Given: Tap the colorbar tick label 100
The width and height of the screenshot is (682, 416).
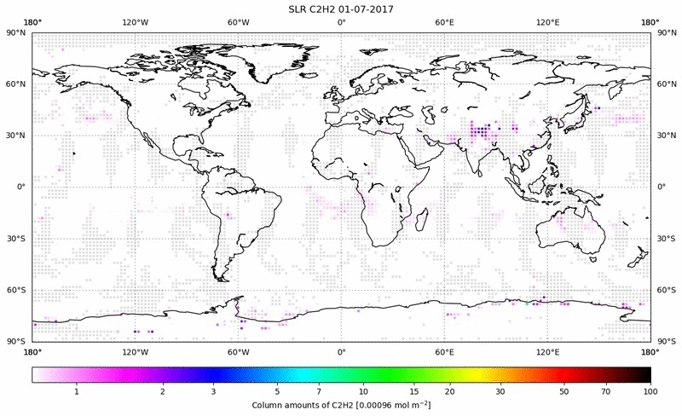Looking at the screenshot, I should coord(650,390).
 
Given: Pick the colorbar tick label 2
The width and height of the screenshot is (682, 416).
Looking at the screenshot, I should coord(162,390).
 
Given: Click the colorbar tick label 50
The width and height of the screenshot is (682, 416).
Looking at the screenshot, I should coord(564,390).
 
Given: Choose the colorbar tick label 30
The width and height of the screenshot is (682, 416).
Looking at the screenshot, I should coord(501,390).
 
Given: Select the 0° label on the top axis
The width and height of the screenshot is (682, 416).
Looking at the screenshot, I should coord(341,22).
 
